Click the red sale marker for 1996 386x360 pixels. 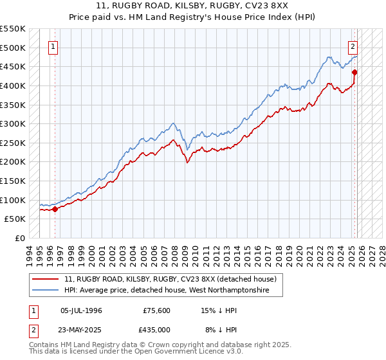tap(55, 208)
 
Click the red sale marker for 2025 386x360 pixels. tap(354, 72)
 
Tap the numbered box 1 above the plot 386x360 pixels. tap(53, 46)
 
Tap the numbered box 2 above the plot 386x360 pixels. tap(353, 46)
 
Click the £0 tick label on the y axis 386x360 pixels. tap(19, 238)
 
